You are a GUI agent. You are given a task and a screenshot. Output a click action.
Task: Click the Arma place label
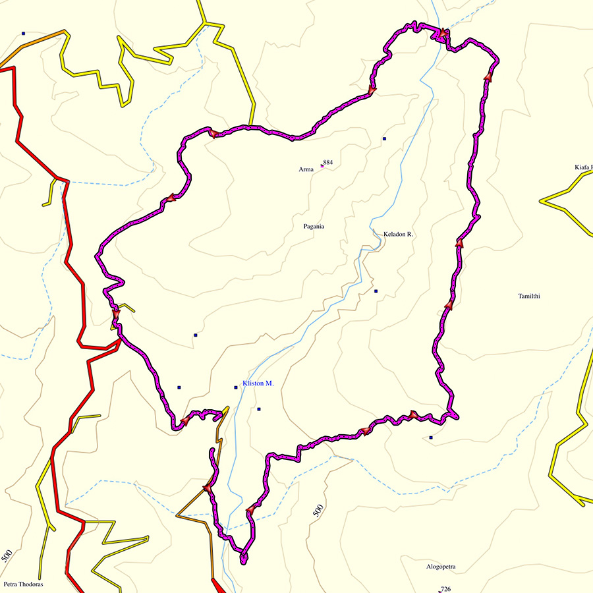click(306, 169)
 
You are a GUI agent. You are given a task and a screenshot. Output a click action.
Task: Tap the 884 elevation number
click(327, 162)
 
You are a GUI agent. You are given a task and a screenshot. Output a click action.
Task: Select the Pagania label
click(314, 226)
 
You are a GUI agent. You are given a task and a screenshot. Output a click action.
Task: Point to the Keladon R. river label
click(398, 234)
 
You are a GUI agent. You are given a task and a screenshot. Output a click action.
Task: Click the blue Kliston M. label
click(258, 383)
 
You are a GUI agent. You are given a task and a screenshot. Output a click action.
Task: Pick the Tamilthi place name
click(529, 296)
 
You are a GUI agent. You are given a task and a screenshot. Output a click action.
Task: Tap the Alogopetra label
click(441, 566)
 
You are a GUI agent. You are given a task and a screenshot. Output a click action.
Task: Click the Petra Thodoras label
click(22, 584)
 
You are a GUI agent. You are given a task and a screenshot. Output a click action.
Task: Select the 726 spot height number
click(445, 589)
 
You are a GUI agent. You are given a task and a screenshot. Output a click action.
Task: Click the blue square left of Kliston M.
click(235, 387)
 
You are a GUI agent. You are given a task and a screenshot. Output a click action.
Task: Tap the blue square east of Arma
click(384, 139)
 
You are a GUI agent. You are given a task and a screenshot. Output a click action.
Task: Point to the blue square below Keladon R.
click(376, 291)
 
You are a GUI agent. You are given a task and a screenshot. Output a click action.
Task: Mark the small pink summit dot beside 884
click(322, 166)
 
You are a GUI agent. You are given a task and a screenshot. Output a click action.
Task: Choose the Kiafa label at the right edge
click(583, 167)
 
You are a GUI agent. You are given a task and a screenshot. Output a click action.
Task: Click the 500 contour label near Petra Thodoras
click(7, 555)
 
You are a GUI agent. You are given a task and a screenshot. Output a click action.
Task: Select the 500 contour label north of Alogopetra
click(318, 511)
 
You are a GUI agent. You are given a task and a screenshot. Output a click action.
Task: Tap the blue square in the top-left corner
click(23, 33)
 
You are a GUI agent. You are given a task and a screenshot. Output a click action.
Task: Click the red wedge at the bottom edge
click(218, 585)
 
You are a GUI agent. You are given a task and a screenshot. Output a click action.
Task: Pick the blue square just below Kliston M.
click(259, 409)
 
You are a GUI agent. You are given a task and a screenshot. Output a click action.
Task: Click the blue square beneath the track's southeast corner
click(431, 438)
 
